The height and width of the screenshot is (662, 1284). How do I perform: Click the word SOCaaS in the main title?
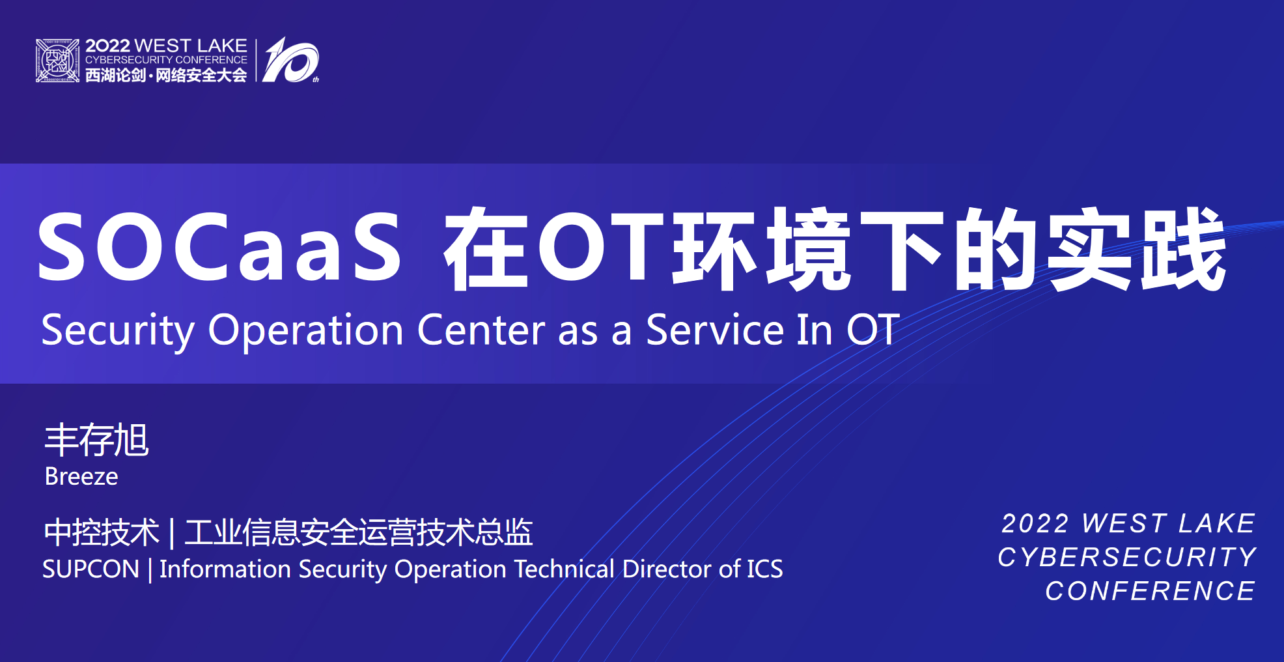click(x=219, y=248)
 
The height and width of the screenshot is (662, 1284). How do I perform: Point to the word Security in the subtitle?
click(x=118, y=331)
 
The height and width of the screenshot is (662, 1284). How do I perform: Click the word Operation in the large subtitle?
click(x=306, y=331)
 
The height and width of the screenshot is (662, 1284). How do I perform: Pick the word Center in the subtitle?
click(x=481, y=330)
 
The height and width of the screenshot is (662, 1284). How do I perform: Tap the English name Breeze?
click(x=81, y=477)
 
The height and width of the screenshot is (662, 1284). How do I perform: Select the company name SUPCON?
click(x=91, y=569)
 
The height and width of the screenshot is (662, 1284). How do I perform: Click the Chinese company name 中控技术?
click(x=102, y=532)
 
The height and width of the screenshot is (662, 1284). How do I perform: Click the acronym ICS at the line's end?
click(x=765, y=569)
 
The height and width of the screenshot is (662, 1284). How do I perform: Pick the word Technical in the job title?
click(x=565, y=569)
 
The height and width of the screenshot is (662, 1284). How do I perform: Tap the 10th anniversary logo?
click(x=291, y=60)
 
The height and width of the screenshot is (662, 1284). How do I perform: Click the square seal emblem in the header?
click(x=57, y=61)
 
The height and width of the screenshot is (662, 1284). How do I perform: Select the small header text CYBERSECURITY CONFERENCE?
click(x=166, y=60)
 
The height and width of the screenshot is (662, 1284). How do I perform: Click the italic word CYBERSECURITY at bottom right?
click(x=1127, y=557)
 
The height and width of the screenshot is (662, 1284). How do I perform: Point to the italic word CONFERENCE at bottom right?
click(x=1151, y=591)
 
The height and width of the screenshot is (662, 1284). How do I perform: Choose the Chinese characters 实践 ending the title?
click(x=1137, y=248)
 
